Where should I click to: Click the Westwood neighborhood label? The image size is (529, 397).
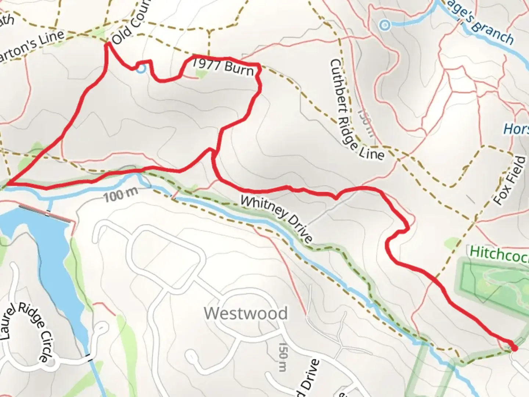click(246, 314)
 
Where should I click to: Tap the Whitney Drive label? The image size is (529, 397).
click(276, 219)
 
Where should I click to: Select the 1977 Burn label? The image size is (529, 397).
click(223, 67)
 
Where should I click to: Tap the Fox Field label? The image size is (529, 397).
click(510, 180)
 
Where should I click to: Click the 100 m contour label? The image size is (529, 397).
click(120, 195)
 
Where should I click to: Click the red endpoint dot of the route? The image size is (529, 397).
click(514, 348)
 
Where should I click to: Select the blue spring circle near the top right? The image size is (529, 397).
click(385, 25)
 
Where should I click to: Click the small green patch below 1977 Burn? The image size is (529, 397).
click(201, 75)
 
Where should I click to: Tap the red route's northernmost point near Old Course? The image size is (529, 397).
click(108, 44)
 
